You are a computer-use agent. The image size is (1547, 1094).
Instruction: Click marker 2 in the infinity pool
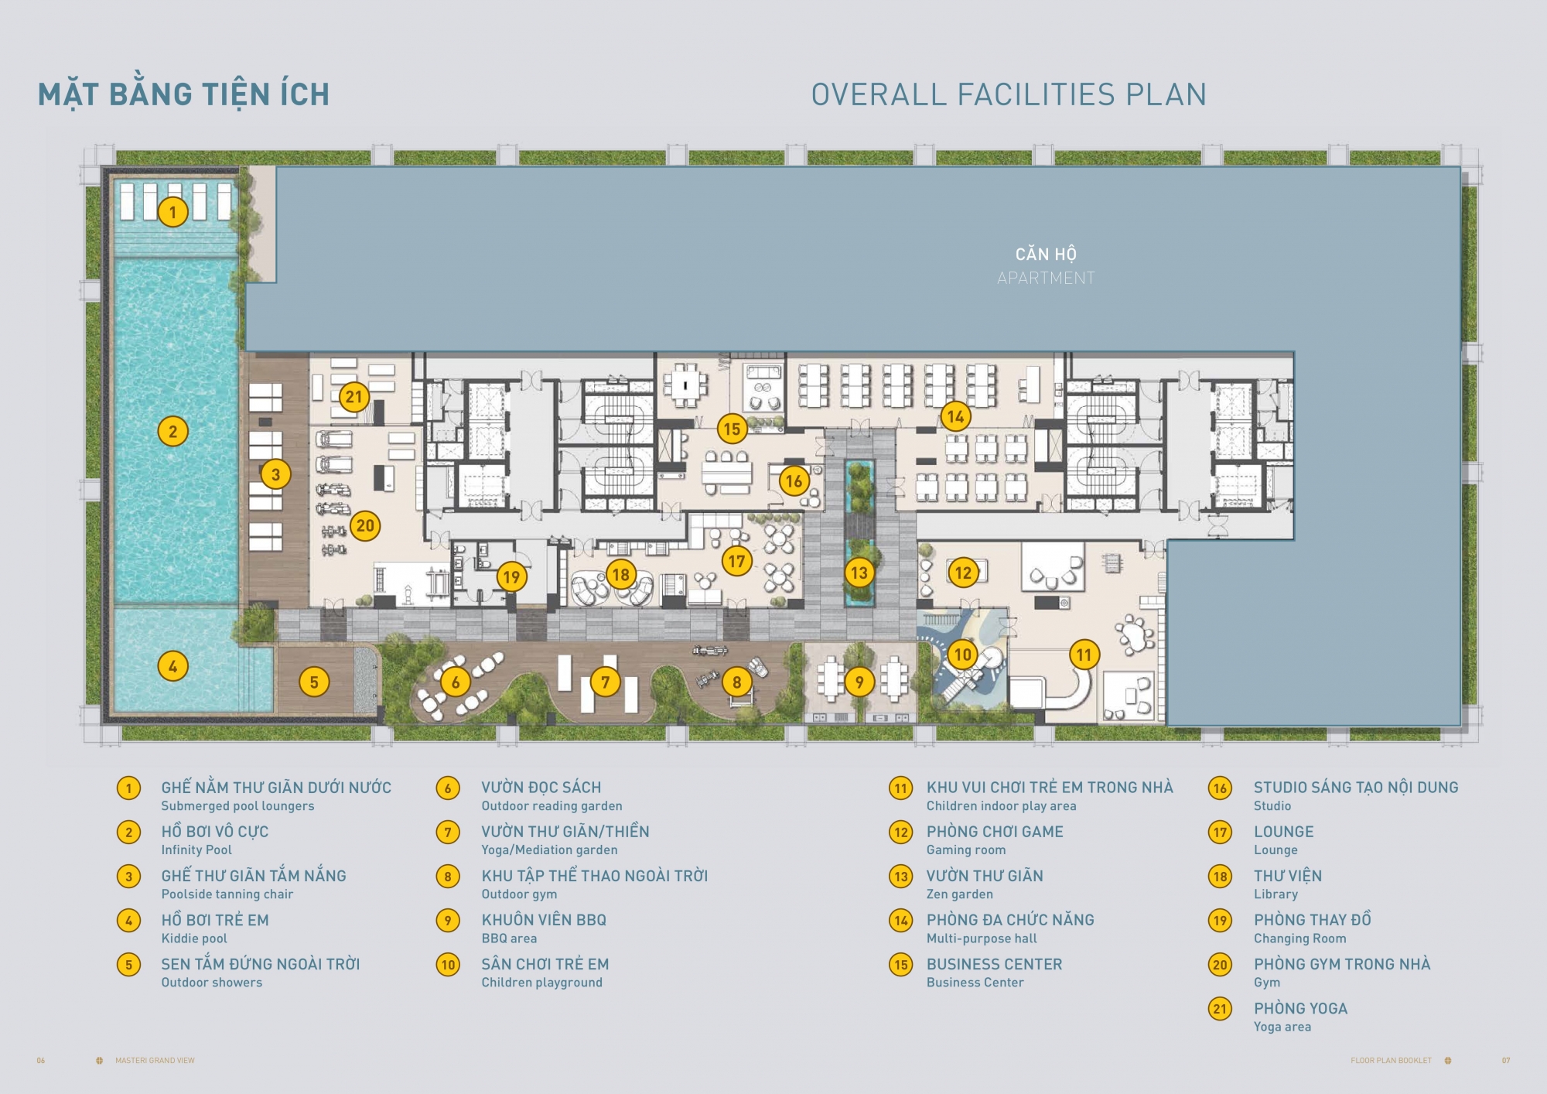tap(172, 431)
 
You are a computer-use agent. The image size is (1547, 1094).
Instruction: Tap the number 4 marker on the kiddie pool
tap(172, 665)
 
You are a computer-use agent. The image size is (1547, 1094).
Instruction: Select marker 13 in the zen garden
tap(859, 573)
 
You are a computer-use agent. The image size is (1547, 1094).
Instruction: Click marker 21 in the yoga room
tap(353, 397)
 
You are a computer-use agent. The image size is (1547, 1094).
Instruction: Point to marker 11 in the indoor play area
tap(1084, 655)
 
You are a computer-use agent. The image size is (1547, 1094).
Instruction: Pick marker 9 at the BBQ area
tap(859, 682)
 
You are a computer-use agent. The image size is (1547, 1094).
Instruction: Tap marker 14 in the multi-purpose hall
tap(955, 416)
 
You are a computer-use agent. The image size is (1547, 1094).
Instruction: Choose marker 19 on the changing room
tap(511, 576)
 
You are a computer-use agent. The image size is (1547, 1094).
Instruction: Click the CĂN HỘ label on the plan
tap(1046, 254)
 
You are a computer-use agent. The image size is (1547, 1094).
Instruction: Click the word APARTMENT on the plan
tap(1046, 278)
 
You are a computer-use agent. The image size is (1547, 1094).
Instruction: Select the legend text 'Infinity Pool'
tap(196, 850)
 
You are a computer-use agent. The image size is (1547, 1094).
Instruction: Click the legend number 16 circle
tap(1220, 788)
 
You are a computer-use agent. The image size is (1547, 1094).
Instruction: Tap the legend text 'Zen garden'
tap(960, 894)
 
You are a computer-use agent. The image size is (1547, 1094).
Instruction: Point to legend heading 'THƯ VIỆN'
tap(1288, 875)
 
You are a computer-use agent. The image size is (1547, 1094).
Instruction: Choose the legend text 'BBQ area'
tap(509, 938)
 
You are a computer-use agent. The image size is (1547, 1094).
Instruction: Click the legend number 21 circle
tap(1220, 1009)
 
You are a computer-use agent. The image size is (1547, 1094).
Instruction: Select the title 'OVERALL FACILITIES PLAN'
tap(1009, 94)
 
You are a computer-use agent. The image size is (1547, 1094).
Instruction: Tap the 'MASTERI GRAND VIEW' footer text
tap(155, 1061)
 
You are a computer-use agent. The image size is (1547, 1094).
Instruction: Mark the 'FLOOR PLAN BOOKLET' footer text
tap(1391, 1061)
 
